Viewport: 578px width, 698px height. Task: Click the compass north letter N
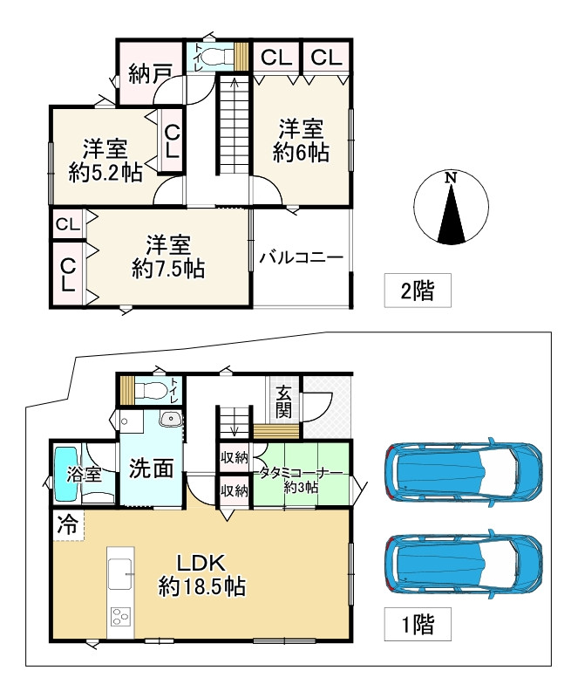pyautogui.click(x=451, y=177)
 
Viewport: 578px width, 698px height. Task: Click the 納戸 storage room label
pyautogui.click(x=149, y=73)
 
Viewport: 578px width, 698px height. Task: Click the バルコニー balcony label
pyautogui.click(x=302, y=258)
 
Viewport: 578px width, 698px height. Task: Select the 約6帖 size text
pyautogui.click(x=301, y=153)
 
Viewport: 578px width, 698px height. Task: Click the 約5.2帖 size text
pyautogui.click(x=105, y=172)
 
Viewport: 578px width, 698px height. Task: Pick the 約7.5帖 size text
pyautogui.click(x=168, y=269)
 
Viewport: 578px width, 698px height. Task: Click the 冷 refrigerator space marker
pyautogui.click(x=66, y=525)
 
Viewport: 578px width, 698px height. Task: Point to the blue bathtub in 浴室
pyautogui.click(x=66, y=475)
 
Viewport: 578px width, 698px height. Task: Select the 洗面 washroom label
pyautogui.click(x=151, y=469)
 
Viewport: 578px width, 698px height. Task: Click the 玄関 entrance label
pyautogui.click(x=284, y=400)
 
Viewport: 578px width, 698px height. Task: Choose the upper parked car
pyautogui.click(x=464, y=472)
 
